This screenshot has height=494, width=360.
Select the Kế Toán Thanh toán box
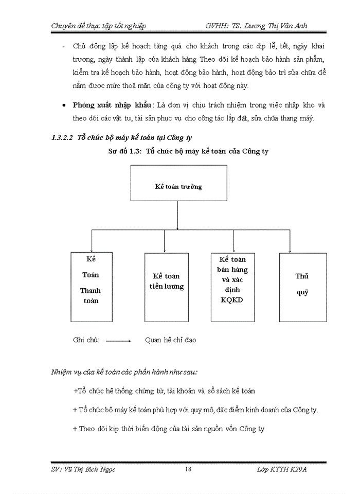[x=91, y=287]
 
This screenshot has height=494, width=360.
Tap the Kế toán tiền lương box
[x=165, y=287]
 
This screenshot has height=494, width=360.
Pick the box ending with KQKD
[x=233, y=287]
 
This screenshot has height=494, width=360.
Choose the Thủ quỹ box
[x=302, y=287]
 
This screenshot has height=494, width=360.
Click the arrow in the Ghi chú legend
[x=119, y=341]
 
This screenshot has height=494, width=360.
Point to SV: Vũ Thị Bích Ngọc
[x=82, y=469]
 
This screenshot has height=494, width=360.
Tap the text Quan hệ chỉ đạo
[x=170, y=340]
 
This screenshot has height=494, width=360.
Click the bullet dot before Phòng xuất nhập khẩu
[x=63, y=105]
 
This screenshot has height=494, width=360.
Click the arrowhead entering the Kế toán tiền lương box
[x=165, y=250]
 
